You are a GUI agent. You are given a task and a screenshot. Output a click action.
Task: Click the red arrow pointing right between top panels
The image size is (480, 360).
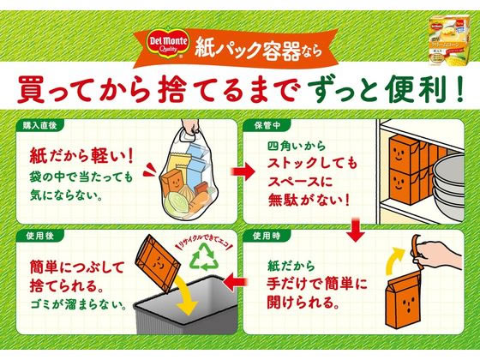(243, 172)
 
